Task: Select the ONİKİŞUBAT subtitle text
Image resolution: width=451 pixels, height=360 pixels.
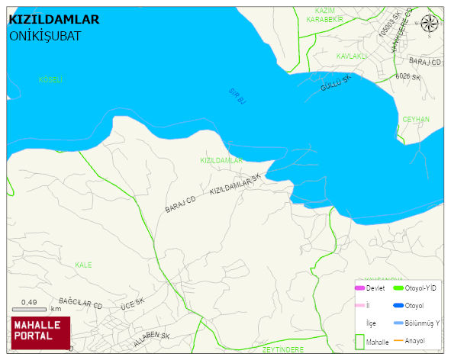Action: click(x=45, y=36)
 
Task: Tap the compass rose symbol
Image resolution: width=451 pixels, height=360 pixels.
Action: click(x=430, y=24)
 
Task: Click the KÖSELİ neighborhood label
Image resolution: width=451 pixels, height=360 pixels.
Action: click(x=50, y=79)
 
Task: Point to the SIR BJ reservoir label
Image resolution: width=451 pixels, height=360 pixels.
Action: click(x=237, y=95)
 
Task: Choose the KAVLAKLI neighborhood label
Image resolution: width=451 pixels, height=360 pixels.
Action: click(x=352, y=56)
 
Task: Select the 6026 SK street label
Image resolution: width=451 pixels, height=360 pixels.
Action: click(x=408, y=77)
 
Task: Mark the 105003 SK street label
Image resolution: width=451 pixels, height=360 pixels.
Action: click(x=389, y=27)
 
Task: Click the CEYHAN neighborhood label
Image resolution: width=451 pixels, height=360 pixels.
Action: click(x=416, y=120)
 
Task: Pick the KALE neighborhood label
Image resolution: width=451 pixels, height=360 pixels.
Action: click(x=83, y=265)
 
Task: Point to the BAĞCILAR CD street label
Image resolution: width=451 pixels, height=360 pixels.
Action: click(x=80, y=304)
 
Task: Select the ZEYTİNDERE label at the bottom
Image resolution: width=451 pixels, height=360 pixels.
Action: click(x=283, y=349)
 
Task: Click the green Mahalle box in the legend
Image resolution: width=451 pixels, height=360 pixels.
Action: click(x=359, y=341)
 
